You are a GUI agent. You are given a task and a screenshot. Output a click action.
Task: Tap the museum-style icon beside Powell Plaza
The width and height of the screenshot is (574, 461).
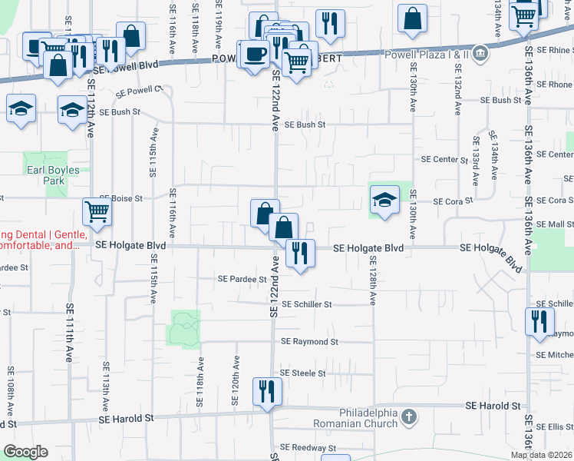tap(480, 53)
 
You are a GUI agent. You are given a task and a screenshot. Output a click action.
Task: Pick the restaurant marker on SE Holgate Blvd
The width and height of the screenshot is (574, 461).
tap(300, 253)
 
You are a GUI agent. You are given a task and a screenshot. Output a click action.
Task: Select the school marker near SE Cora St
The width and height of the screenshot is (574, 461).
tap(384, 201)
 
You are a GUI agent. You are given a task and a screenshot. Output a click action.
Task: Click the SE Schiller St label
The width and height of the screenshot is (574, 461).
tap(306, 304)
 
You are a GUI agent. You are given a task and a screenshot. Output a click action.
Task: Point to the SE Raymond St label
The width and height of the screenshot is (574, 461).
tap(309, 341)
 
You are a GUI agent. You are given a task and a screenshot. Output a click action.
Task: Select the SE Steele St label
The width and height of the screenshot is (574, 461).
tap(302, 373)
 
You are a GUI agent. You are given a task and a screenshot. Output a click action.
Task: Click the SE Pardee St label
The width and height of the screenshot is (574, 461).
tap(242, 278)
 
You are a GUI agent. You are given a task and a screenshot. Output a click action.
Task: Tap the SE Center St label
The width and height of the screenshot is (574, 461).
tap(444, 160)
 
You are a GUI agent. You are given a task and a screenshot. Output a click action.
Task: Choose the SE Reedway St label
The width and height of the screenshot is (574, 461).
tap(308, 447)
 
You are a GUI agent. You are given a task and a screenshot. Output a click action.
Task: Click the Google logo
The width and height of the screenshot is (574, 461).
tap(25, 451)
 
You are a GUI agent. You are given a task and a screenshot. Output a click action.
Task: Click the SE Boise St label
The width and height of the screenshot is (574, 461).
tap(120, 198)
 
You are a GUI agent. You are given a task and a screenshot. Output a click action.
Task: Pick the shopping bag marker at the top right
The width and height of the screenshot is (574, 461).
tap(413, 19)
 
